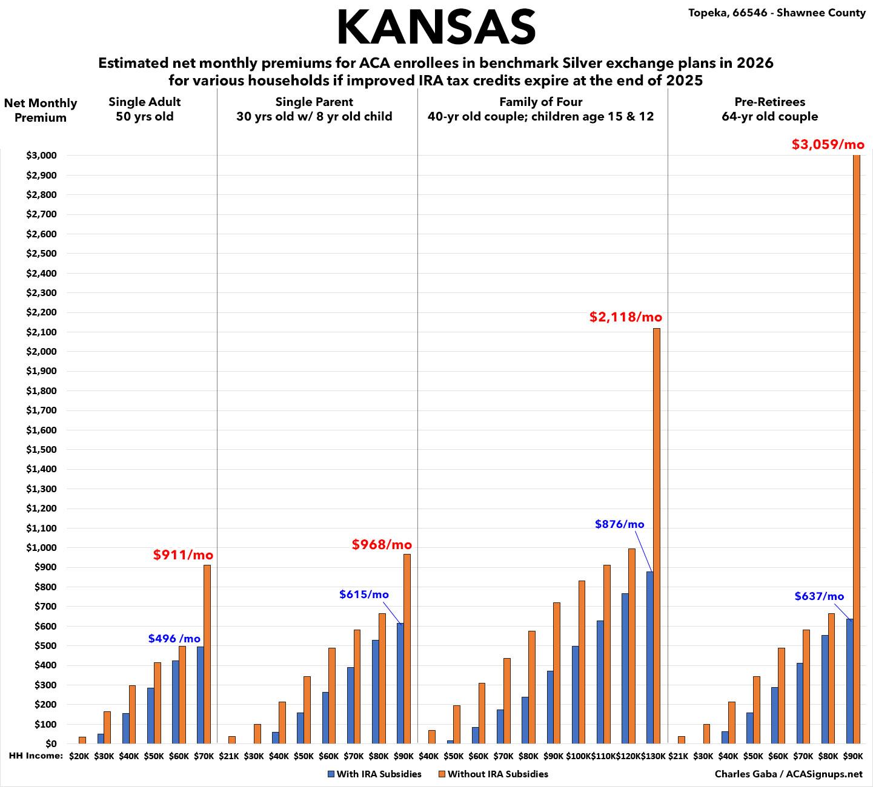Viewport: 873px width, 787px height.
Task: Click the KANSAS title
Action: pos(436,27)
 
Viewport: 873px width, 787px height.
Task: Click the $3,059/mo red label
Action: pos(828,145)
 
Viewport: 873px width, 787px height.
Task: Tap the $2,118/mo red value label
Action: pos(626,317)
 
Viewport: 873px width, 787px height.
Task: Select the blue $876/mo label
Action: pos(619,524)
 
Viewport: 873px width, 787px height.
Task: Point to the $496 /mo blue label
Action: pos(174,639)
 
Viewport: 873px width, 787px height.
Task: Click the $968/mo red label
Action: pos(382,545)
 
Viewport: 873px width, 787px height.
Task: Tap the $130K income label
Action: pos(652,756)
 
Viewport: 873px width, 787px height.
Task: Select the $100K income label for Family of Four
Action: pos(578,756)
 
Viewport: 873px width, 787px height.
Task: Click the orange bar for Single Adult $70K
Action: pos(207,654)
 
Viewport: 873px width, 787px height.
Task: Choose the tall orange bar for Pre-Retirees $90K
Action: pos(857,448)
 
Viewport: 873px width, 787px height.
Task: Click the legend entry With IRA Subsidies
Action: pos(374,774)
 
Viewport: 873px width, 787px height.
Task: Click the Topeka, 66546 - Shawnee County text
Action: pos(777,13)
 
